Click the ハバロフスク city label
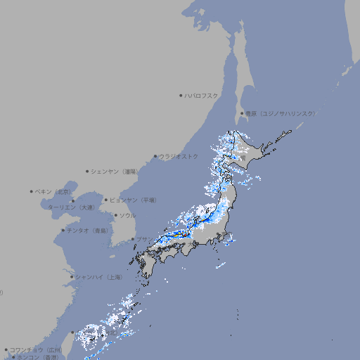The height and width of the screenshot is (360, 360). coord(202,95)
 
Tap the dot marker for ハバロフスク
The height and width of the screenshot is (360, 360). coord(181,95)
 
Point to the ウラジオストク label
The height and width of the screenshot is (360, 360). coord(179,156)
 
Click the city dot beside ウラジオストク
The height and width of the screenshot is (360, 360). coord(155,156)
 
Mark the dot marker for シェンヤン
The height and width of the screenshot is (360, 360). coord(88,171)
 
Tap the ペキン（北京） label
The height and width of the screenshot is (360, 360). coord(53,191)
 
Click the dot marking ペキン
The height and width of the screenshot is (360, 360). coord(32,191)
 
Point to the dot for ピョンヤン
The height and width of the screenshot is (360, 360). coord(107,200)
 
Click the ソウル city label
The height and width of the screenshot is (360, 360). coord(127,215)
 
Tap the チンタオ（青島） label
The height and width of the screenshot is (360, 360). coord(88,231)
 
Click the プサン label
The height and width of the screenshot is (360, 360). coord(143,239)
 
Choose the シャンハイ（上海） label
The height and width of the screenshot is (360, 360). coord(98,277)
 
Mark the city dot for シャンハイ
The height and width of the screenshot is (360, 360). coord(72,277)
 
